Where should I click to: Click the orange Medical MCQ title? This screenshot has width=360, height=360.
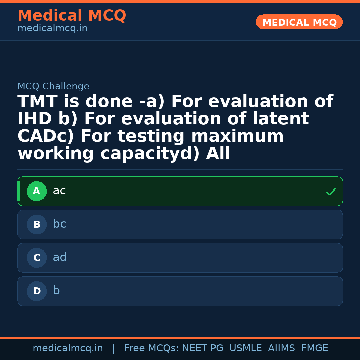[72, 16]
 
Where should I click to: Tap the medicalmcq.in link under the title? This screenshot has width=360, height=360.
[52, 28]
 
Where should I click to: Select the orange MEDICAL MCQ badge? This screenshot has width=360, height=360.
[299, 22]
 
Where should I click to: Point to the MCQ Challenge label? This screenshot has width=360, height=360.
[53, 86]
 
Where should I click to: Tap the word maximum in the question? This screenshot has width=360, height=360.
[237, 136]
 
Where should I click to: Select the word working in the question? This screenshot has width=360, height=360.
[56, 154]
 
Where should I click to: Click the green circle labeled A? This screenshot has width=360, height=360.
[37, 191]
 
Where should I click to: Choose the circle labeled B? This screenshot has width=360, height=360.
[37, 224]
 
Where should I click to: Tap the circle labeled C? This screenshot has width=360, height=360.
[37, 258]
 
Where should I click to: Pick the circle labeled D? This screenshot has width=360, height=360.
[37, 291]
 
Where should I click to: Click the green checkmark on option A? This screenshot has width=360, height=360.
[331, 192]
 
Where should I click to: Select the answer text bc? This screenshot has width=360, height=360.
[59, 224]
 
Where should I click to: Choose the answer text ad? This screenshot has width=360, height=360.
[60, 257]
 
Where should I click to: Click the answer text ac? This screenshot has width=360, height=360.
[59, 191]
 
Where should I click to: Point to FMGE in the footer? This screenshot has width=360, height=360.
[314, 348]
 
